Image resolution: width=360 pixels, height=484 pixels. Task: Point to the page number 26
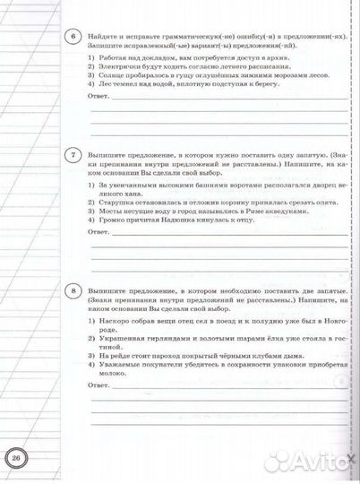(17, 459)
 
